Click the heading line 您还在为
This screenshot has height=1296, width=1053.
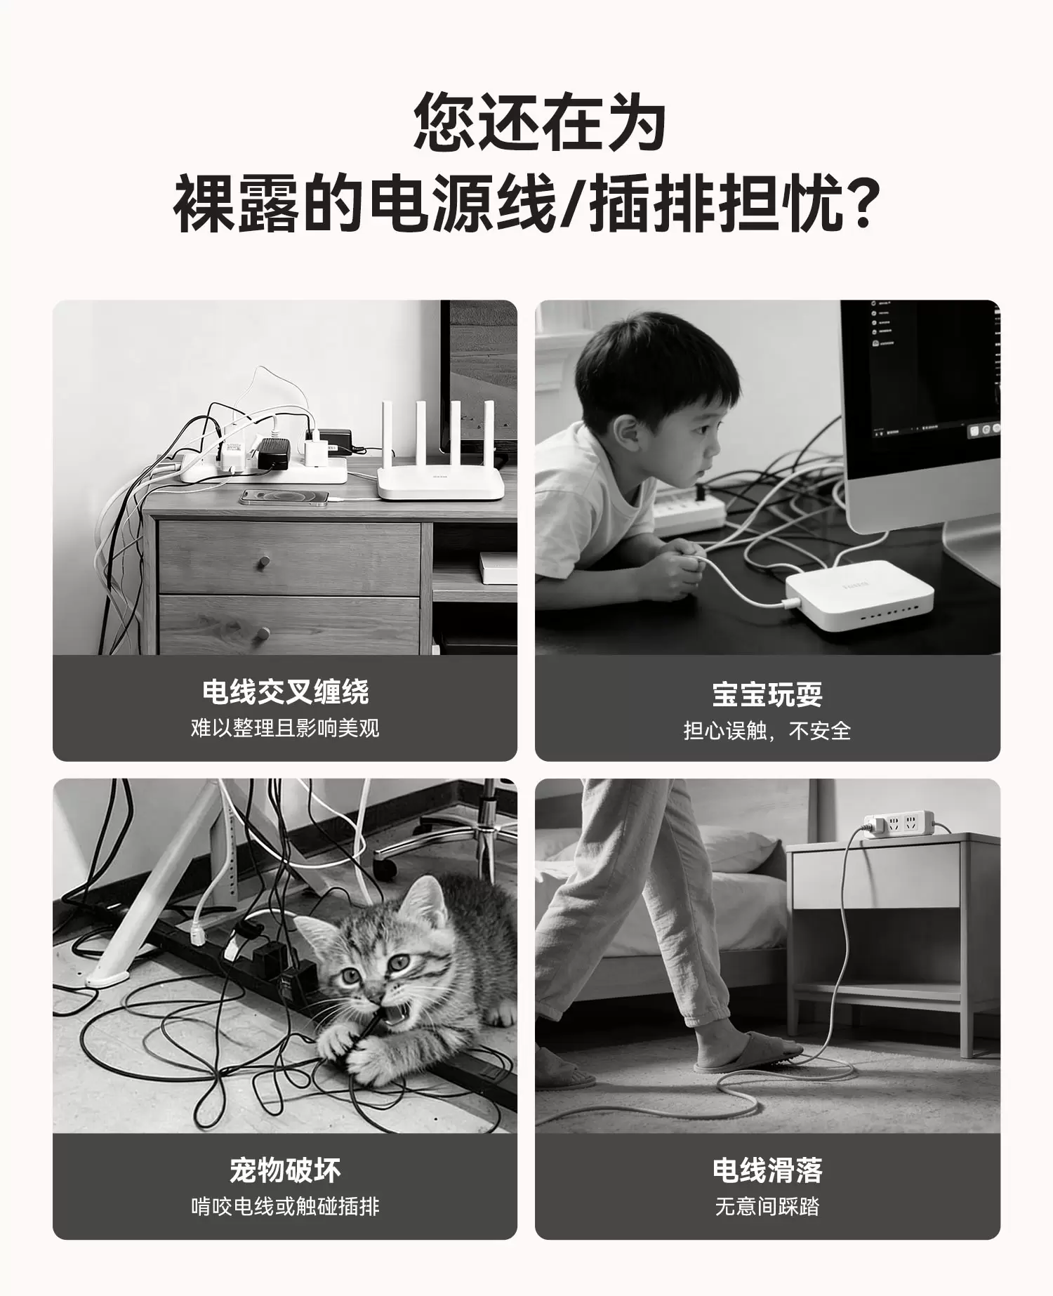(539, 122)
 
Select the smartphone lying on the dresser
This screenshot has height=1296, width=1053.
(284, 497)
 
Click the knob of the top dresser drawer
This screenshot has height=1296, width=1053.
(264, 562)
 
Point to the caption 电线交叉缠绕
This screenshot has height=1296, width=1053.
(285, 692)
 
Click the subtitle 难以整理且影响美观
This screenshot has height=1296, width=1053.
(285, 727)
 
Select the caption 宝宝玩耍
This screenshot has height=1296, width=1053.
(767, 694)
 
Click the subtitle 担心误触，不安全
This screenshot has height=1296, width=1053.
(767, 731)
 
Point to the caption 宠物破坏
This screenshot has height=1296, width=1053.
(285, 1170)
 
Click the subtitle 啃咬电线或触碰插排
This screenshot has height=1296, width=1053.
(285, 1206)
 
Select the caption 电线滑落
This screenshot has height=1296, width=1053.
(767, 1170)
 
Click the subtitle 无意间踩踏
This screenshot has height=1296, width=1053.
(767, 1206)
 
